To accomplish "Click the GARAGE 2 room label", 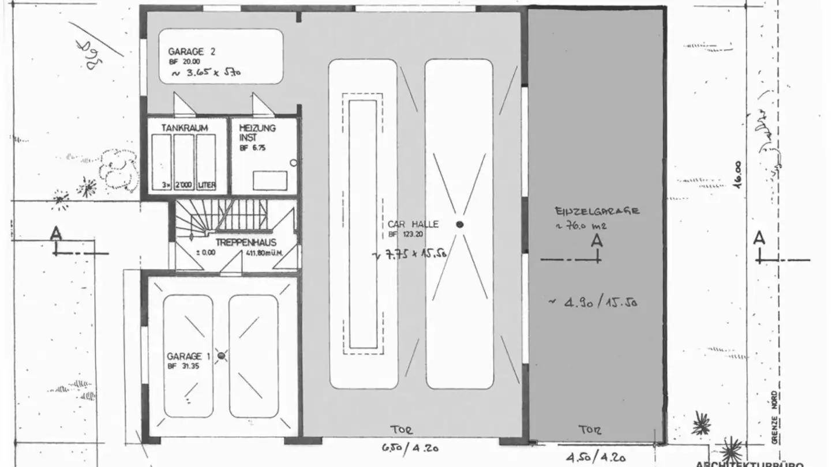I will point(192,51).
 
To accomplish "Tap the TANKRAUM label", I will point(185,127).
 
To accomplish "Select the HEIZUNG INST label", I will point(257,133).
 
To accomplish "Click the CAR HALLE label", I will point(413,224).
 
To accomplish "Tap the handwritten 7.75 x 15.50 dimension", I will point(410,254).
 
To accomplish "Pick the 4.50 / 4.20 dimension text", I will point(595,458).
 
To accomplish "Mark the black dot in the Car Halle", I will point(459,224).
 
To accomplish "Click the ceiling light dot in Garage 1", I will point(221,357).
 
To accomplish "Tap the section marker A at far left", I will point(56,234).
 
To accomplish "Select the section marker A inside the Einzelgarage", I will point(597,240).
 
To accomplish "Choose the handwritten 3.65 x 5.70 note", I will point(205,73).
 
